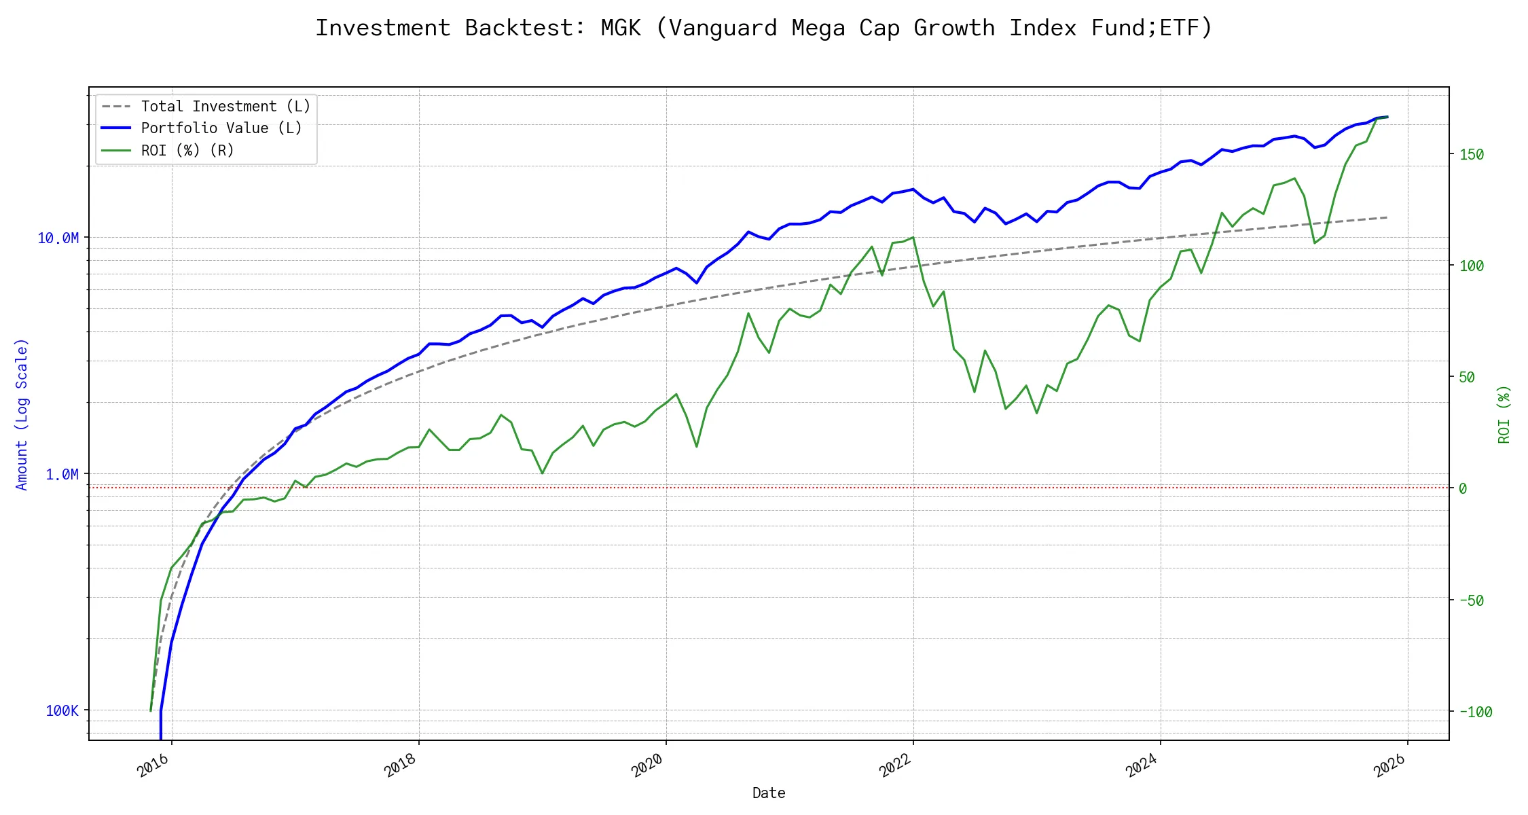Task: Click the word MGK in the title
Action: coord(621,29)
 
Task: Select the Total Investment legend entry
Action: coord(225,107)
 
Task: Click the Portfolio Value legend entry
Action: coord(221,128)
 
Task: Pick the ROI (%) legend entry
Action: coord(187,151)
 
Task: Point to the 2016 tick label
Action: coord(153,765)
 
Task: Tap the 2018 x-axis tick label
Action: coord(400,765)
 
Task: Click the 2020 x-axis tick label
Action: coord(647,765)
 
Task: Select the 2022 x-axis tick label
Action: coord(894,765)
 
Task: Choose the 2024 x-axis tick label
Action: coord(1142,765)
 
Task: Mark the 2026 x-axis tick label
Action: coord(1389,765)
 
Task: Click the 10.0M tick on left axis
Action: coord(58,238)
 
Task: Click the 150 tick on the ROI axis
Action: coord(1472,155)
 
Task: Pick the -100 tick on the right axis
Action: coord(1476,712)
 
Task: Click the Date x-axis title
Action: coord(769,793)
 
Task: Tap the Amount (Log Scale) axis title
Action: coord(22,414)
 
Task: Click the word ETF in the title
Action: coord(1179,29)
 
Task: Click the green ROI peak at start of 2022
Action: coord(913,238)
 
